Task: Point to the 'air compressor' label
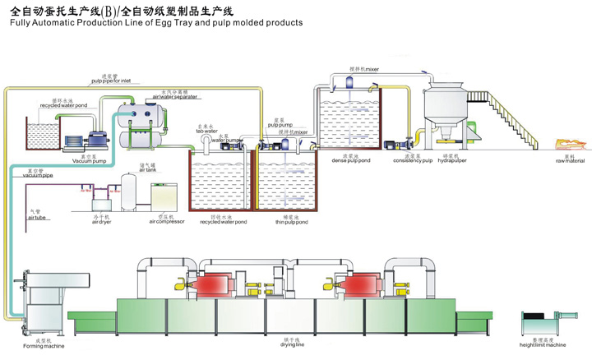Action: [x=167, y=222]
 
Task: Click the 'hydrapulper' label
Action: [x=451, y=160]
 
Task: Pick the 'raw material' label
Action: [x=546, y=160]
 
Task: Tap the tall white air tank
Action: [x=130, y=192]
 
